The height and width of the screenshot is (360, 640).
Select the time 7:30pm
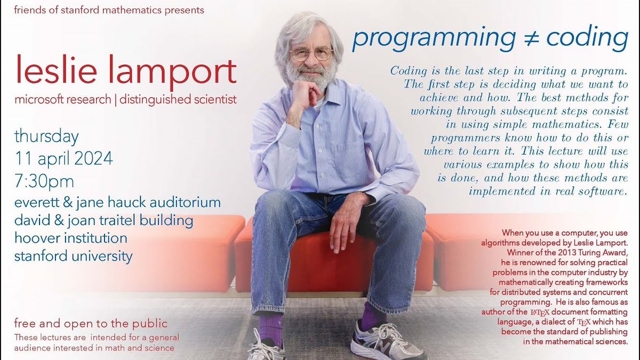tap(44, 181)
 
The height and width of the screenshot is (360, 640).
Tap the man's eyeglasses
tap(311, 54)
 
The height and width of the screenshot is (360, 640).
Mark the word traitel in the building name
tap(110, 220)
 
